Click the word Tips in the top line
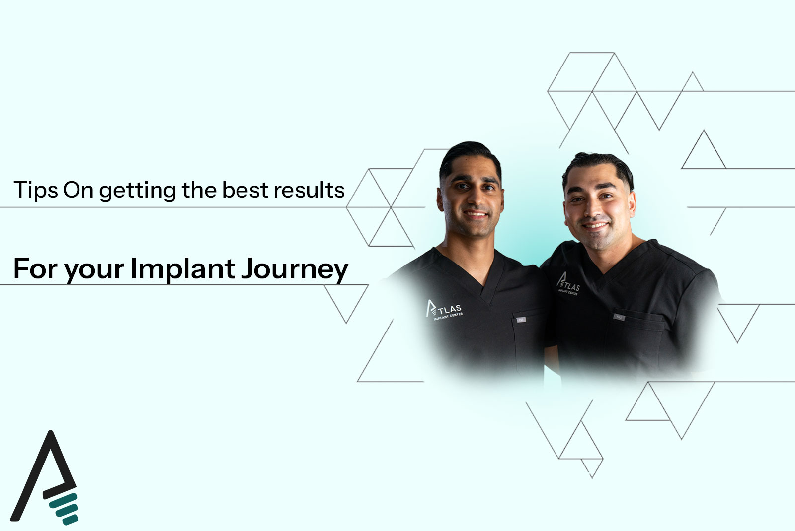click(35, 191)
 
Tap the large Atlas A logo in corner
click(44, 477)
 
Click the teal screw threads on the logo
click(64, 509)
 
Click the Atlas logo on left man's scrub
click(444, 310)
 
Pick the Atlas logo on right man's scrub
click(568, 284)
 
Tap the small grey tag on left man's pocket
click(521, 320)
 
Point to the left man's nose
click(475, 199)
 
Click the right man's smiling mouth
click(595, 225)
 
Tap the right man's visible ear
click(632, 203)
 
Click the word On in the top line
click(78, 191)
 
